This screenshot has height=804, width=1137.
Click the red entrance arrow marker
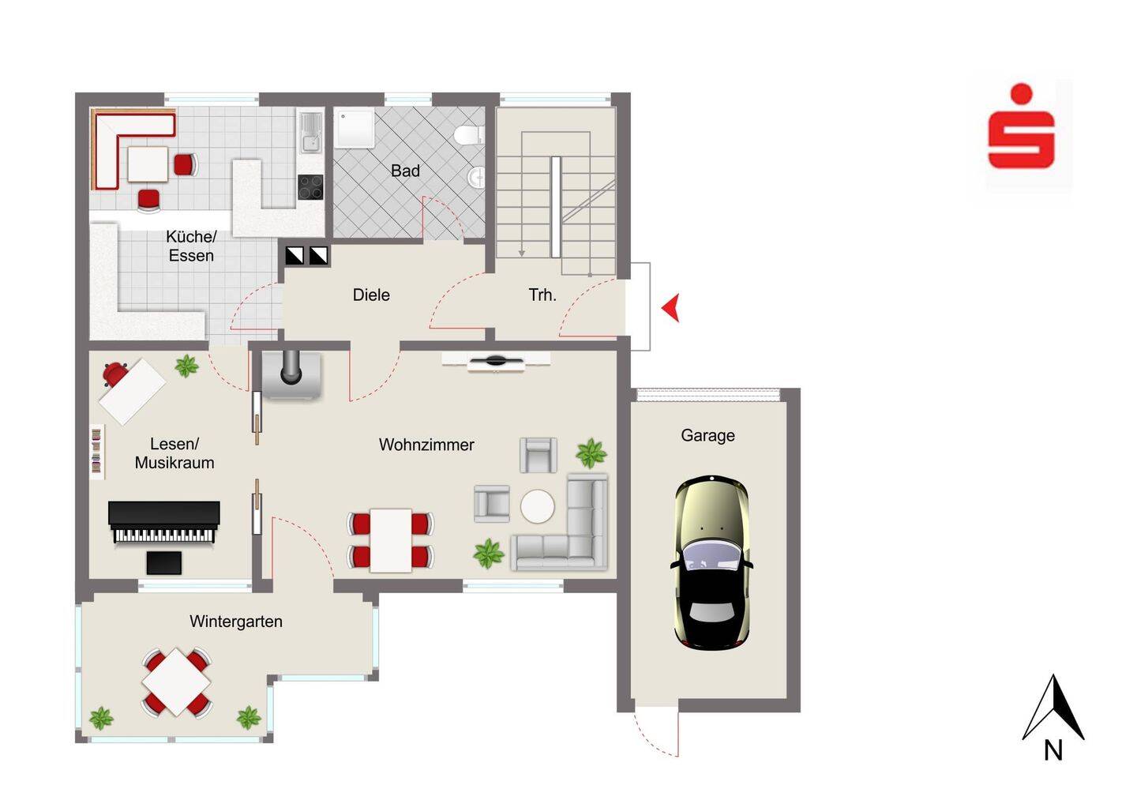point(670,307)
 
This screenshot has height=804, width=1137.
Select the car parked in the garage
point(711,562)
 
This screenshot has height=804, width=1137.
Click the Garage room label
point(707,435)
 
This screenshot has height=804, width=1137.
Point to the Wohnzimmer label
point(426,445)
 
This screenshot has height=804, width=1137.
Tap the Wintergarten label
point(236,622)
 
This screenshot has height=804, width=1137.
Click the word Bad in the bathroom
point(405,171)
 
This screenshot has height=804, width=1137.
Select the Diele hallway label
point(371,295)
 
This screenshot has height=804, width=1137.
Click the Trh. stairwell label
point(542,295)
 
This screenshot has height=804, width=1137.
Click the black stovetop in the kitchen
point(310,187)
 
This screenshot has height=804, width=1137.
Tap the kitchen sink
point(310,133)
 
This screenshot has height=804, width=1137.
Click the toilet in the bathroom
point(469,135)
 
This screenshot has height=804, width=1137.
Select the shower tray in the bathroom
point(355,128)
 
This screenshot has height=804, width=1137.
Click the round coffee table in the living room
point(538,506)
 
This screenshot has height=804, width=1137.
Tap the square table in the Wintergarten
point(176,682)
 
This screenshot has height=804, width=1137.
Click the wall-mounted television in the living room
point(496,362)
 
